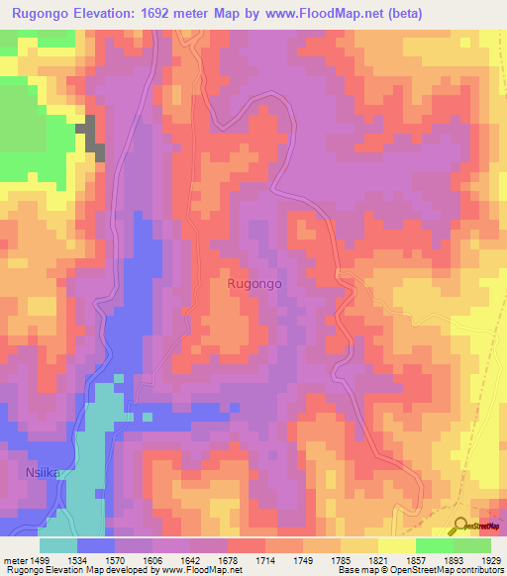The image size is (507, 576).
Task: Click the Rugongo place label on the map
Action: [x=255, y=283]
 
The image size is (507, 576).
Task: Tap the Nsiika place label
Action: [x=43, y=474]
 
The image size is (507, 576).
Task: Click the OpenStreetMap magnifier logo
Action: [x=461, y=527]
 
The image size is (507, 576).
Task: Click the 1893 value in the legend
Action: [x=452, y=559]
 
